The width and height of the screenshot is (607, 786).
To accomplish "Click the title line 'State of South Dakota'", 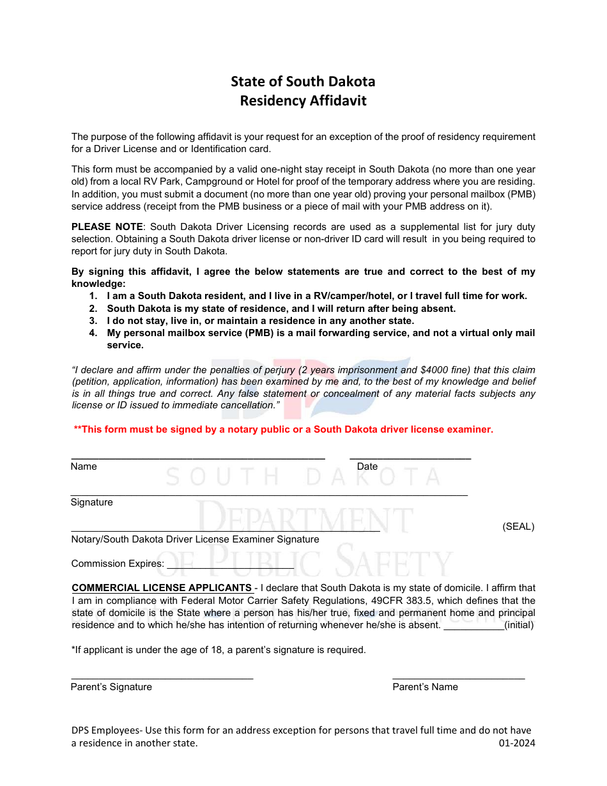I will pyautogui.click(x=303, y=81).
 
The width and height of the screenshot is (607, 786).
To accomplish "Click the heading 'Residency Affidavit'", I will pyautogui.click(x=303, y=101).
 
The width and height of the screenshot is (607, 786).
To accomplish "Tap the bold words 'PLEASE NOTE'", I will pyautogui.click(x=107, y=227).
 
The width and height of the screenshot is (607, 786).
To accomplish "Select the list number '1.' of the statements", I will pyautogui.click(x=93, y=296).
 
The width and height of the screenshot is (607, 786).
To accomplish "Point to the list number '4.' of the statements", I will pyautogui.click(x=93, y=333).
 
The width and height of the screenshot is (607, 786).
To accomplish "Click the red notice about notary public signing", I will pyautogui.click(x=284, y=429).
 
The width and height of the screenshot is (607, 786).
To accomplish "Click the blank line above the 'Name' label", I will pyautogui.click(x=197, y=458).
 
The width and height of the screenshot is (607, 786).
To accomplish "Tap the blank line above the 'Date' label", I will pyautogui.click(x=410, y=458).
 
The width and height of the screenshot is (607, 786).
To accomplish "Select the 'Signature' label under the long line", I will pyautogui.click(x=91, y=502).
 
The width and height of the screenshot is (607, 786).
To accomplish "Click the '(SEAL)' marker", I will pyautogui.click(x=518, y=527).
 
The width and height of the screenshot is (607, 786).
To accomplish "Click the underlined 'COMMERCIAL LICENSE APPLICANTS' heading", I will pyautogui.click(x=162, y=588).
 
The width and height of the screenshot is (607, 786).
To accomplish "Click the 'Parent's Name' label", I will pyautogui.click(x=425, y=687).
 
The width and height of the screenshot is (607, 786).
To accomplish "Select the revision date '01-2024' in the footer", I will pyautogui.click(x=517, y=743).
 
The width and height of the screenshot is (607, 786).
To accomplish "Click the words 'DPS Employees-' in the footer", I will pyautogui.click(x=107, y=730).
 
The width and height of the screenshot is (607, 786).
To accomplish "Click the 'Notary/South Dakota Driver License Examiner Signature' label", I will pyautogui.click(x=195, y=539).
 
